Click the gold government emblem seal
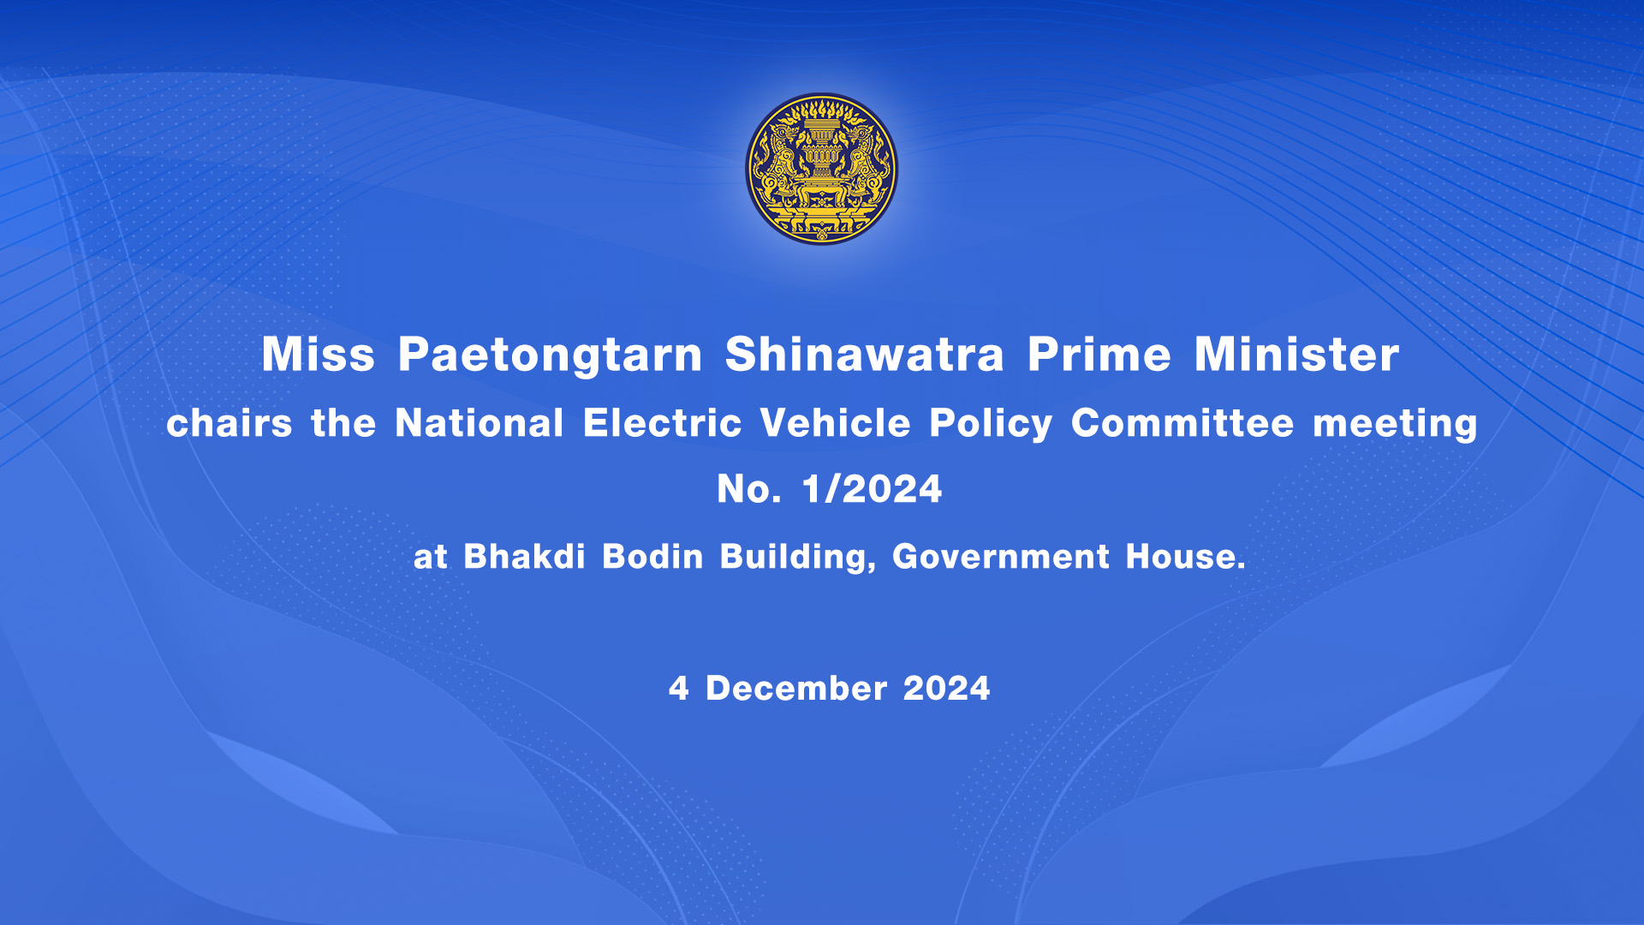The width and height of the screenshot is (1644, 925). pos(822,169)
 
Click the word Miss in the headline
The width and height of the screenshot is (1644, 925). pos(319,354)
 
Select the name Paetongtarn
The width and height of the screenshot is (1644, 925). pos(550,355)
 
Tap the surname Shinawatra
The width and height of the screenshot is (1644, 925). pos(865,354)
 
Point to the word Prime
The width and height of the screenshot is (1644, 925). pos(1099,354)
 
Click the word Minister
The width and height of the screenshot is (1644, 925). pos(1297,354)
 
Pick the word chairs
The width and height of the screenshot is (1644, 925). pos(229,423)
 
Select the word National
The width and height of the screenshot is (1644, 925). pos(479,423)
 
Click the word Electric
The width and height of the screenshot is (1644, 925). pos(663,423)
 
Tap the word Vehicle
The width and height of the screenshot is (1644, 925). pos(836,423)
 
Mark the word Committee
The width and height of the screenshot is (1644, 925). pos(1183,423)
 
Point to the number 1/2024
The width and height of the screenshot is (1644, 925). pos(872,489)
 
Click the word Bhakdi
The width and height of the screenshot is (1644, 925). pos(525,557)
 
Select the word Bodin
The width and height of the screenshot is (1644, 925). pos(653,557)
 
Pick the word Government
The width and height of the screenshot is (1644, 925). pos(1001,557)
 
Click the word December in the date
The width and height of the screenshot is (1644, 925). pos(796,689)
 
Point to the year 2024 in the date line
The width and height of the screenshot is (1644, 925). pos(947,689)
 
